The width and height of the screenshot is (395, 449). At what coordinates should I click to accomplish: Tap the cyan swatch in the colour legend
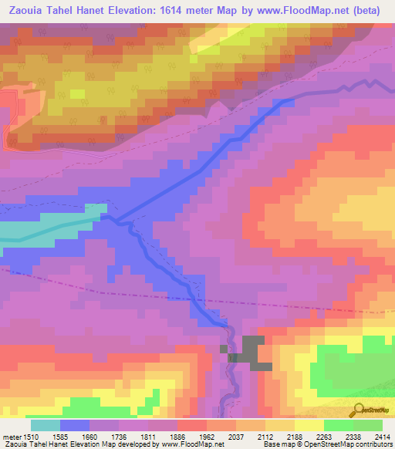pos(46,425)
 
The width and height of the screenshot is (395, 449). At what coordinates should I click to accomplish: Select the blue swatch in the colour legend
pos(75,425)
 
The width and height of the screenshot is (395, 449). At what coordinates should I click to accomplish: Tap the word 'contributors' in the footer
pos(373,444)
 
